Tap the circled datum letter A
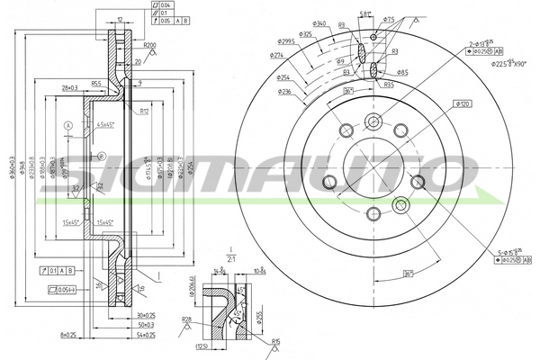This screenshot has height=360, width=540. click(x=67, y=124)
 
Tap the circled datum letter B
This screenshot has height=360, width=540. click(x=102, y=157)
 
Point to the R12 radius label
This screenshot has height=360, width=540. click(x=144, y=112)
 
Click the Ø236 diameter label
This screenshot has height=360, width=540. click(x=284, y=91)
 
